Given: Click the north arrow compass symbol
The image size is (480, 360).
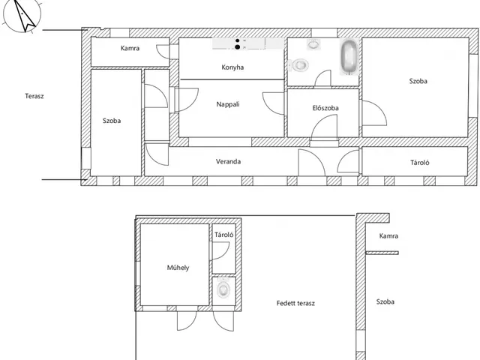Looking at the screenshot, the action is [22, 15].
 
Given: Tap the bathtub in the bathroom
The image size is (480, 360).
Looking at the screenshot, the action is [349, 57].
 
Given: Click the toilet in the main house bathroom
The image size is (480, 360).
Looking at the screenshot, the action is [298, 64].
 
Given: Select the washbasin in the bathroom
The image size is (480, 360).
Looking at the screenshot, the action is [313, 44].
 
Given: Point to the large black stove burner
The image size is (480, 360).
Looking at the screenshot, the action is [237, 46].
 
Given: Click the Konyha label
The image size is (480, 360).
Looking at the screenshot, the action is [232, 67].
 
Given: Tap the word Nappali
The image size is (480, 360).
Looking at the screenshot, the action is [228, 104].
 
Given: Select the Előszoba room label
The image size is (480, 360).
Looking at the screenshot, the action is [325, 108].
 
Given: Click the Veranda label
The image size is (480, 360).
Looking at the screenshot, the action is [228, 162].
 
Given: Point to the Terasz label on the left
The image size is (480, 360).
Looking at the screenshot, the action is [34, 96].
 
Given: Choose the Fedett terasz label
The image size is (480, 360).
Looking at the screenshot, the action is [295, 303].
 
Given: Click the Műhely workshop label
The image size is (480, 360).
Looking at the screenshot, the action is [178, 268].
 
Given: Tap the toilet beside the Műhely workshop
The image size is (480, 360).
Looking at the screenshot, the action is [223, 289].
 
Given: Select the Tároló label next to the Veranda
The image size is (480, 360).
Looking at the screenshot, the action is [420, 163].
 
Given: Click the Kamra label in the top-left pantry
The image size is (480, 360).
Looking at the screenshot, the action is [130, 48].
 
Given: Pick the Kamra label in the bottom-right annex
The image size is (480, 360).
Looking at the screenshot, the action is [388, 236].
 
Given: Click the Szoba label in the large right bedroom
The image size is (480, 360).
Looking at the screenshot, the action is [418, 81].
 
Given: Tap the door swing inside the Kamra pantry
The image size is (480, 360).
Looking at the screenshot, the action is [162, 52].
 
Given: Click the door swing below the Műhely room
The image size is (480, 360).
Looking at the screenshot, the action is [187, 321].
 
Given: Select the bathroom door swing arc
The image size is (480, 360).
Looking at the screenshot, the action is [322, 78].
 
